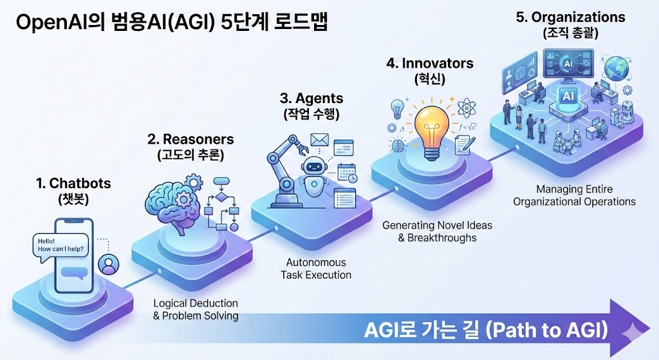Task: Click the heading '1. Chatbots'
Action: tap(73, 184)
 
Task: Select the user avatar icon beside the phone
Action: tap(108, 265)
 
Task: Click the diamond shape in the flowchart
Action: tap(221, 197)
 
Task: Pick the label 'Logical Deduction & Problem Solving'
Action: tap(196, 310)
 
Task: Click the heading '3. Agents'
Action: tap(311, 99)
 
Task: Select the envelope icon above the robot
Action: tap(319, 140)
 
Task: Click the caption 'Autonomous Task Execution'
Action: tap(316, 269)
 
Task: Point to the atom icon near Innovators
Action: tap(466, 107)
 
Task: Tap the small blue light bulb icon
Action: tap(397, 109)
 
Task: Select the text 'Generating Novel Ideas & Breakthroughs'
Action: tap(437, 232)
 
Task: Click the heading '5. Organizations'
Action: tap(570, 17)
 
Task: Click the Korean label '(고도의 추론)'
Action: tap(190, 155)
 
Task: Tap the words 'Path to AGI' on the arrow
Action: tap(546, 330)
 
